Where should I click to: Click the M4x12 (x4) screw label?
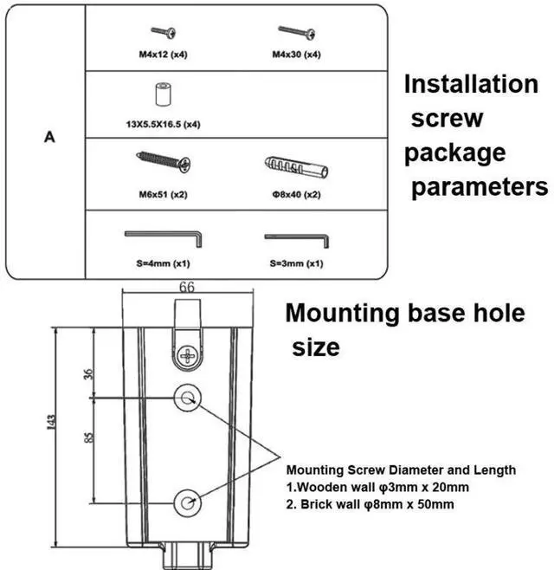coord(164,55)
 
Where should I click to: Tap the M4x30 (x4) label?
coord(296,55)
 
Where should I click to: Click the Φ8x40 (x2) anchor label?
coord(296,194)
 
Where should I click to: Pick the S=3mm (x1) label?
coord(296,263)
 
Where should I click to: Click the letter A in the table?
coord(50,137)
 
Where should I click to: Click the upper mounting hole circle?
coord(188,398)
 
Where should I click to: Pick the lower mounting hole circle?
coord(188,500)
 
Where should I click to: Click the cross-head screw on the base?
coord(187,354)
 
